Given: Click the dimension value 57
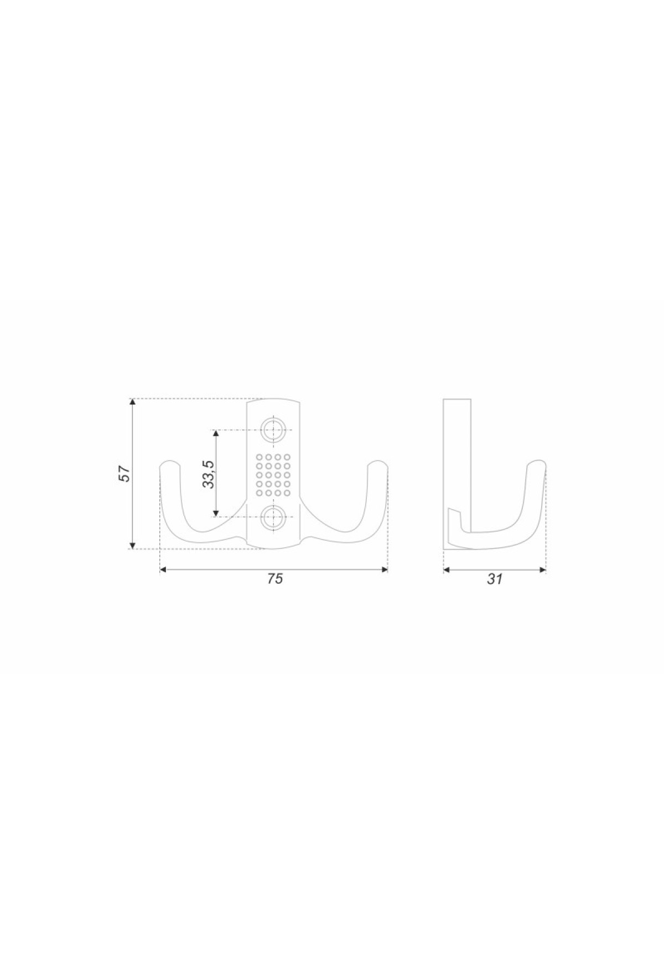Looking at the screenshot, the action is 125,474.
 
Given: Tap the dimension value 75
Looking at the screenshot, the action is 275,579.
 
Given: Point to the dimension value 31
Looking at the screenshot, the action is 495,579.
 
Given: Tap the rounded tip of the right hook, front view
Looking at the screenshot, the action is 378,464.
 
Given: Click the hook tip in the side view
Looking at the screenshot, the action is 537,463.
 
